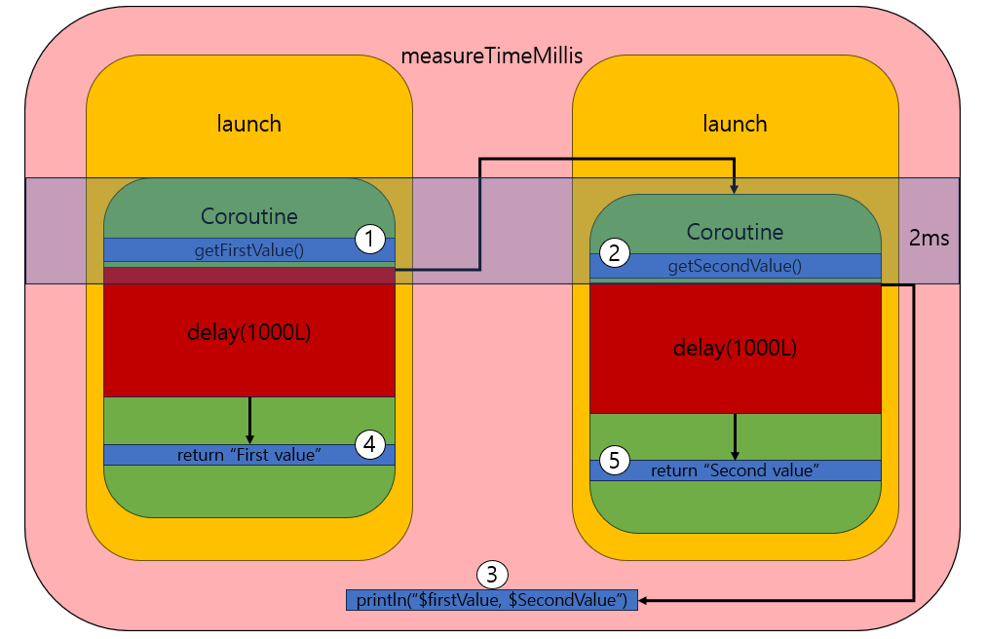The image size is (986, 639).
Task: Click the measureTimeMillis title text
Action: pos(492,56)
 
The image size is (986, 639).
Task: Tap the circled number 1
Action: pos(369,239)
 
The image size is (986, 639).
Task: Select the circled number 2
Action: pos(613,254)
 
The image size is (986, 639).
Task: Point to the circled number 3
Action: pos(492,574)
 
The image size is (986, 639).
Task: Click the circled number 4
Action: pos(369,444)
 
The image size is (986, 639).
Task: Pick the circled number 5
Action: pos(613,461)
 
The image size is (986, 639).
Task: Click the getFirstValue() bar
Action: pos(248,250)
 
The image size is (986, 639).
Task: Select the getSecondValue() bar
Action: pos(736,266)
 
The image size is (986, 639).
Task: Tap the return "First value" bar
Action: pos(248,455)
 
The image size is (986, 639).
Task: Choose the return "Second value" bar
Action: pos(736,470)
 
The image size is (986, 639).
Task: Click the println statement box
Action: pos(491,600)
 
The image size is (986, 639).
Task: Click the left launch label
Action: pos(248,124)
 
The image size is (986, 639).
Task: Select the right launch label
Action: pos(735,124)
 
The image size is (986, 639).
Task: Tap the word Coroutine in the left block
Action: pos(248,216)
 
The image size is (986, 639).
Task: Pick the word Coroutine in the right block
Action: pos(735,232)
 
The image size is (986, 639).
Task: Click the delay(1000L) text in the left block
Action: pos(248,332)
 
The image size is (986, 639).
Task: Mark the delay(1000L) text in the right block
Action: pos(735,348)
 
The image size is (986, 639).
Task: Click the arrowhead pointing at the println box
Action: pos(644,600)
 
